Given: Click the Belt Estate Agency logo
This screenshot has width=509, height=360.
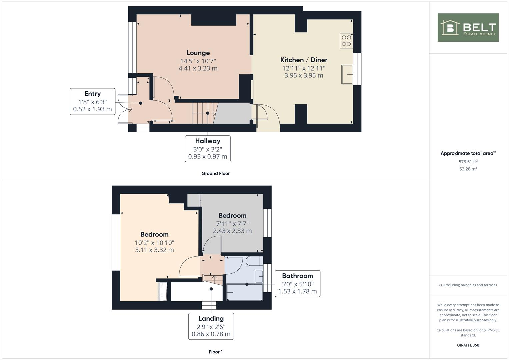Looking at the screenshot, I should click(468, 28).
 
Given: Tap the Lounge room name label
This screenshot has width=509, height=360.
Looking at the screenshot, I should click(198, 53).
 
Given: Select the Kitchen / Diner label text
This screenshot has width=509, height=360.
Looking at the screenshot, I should click(304, 60).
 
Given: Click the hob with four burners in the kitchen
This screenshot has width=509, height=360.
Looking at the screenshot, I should click(346, 40).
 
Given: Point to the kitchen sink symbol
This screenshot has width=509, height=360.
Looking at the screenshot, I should click(347, 75).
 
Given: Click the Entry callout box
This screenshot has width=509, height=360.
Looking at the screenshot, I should click(92, 101).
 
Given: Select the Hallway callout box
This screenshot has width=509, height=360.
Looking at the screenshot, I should click(208, 149).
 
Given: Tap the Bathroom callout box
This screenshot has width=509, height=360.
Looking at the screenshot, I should click(297, 283).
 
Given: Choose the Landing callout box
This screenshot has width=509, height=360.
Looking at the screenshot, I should click(211, 326).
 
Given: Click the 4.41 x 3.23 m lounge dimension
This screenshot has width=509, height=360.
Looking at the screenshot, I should click(198, 68).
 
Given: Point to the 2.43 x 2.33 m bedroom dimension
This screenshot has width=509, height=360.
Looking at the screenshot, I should click(232, 231).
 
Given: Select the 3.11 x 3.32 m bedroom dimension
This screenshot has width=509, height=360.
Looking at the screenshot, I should click(154, 250).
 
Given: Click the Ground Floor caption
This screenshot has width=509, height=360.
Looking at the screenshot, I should click(215, 173).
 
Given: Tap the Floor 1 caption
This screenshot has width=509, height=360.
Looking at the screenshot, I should click(215, 352).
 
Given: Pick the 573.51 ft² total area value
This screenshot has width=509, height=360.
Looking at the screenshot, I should click(468, 162).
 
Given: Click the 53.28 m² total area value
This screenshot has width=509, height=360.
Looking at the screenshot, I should click(468, 169).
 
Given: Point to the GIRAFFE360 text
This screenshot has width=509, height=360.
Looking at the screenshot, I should click(468, 345).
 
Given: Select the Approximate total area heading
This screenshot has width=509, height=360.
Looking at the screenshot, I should click(468, 153).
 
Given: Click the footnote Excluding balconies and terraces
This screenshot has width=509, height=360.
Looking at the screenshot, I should click(468, 285).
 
